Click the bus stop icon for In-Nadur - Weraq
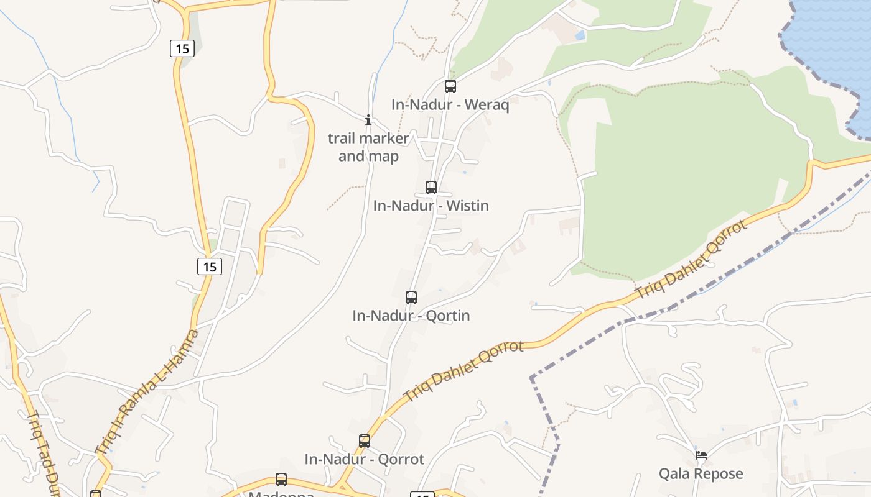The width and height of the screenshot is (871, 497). click(x=450, y=86)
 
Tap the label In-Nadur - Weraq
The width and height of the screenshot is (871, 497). click(x=450, y=105)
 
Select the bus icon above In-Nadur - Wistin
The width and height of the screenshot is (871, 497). click(x=431, y=187)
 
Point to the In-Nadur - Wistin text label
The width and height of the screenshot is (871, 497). click(x=431, y=206)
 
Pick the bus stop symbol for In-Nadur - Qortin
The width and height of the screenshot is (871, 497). click(x=411, y=297)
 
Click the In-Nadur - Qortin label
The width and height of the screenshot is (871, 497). click(x=411, y=316)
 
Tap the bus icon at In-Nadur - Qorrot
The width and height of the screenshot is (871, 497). click(x=365, y=441)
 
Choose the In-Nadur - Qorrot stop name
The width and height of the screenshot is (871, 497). click(x=364, y=460)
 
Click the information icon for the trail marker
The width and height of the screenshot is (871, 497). click(x=368, y=120)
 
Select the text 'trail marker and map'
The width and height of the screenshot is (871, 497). click(x=368, y=147)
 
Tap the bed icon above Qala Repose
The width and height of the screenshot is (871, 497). click(x=701, y=455)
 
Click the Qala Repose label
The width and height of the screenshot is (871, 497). click(x=701, y=474)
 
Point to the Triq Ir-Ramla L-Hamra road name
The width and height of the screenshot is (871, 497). click(x=147, y=392)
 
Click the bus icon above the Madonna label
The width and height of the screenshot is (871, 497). click(x=281, y=480)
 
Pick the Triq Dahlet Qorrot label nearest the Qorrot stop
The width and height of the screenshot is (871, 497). click(x=463, y=370)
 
